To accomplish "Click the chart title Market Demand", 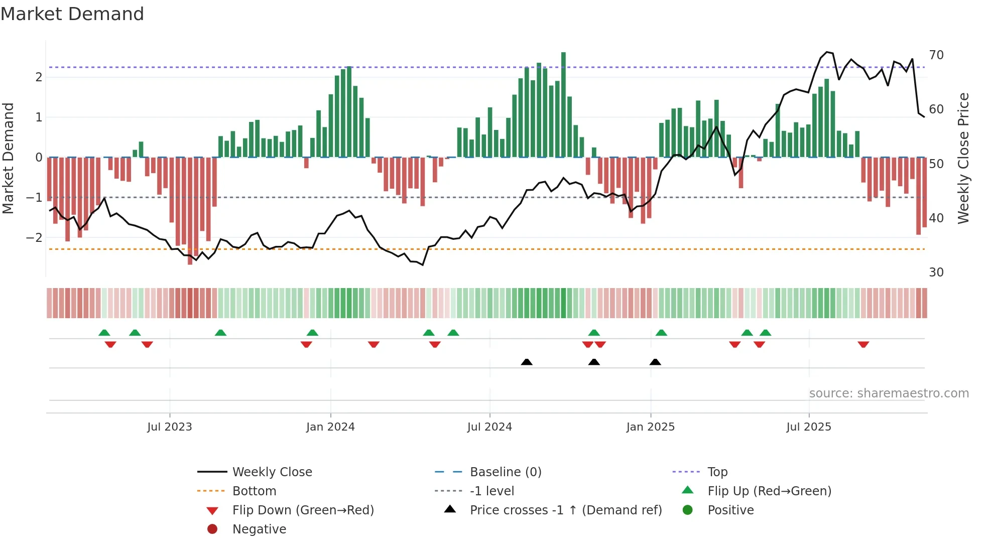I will tap(72, 14).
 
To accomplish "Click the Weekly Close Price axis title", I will tap(963, 158).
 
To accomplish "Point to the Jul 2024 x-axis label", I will tap(489, 427).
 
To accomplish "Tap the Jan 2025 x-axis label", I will tap(651, 427).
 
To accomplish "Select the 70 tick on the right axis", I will tap(936, 55).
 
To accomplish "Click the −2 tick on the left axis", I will tap(34, 237).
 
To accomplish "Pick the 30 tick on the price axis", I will tap(936, 272).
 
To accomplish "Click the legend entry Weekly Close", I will tap(272, 472).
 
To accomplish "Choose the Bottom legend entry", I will tap(254, 491).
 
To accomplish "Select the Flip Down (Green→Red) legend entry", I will tap(303, 510).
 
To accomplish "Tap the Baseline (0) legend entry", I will tap(505, 472).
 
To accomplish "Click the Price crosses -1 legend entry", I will tap(565, 510).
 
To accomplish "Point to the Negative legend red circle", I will tap(212, 529).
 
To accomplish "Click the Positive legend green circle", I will tap(688, 510).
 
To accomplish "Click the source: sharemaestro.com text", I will tap(889, 393).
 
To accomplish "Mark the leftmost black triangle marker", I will tap(527, 362).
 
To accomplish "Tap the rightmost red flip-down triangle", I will tap(863, 344).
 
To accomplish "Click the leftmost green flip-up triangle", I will tap(104, 333).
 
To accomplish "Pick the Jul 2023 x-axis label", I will tap(169, 427).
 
